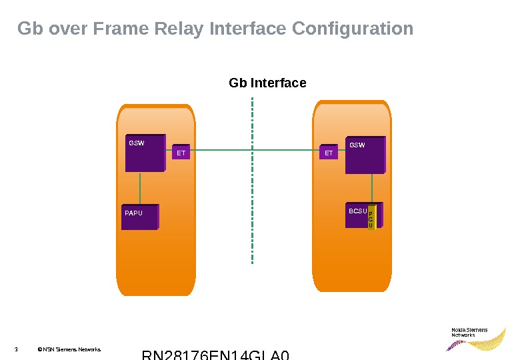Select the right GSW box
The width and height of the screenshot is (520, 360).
[365, 157]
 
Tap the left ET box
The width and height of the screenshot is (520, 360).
[181, 153]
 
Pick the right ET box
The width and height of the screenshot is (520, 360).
[329, 153]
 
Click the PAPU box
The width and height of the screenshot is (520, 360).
[140, 217]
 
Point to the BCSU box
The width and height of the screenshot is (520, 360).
[357, 215]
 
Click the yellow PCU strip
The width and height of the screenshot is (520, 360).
[371, 217]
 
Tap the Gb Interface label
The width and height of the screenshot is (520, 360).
[267, 83]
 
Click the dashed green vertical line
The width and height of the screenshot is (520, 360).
[253, 200]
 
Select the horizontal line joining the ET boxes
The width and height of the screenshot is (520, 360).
[253, 150]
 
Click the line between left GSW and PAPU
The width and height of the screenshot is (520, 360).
[140, 188]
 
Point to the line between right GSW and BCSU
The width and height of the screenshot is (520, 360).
[365, 188]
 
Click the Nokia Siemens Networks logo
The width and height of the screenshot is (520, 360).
[475, 338]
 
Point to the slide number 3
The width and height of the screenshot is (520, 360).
[15, 349]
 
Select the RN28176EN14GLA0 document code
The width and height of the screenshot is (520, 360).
[216, 355]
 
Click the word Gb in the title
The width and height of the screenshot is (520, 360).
[29, 29]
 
